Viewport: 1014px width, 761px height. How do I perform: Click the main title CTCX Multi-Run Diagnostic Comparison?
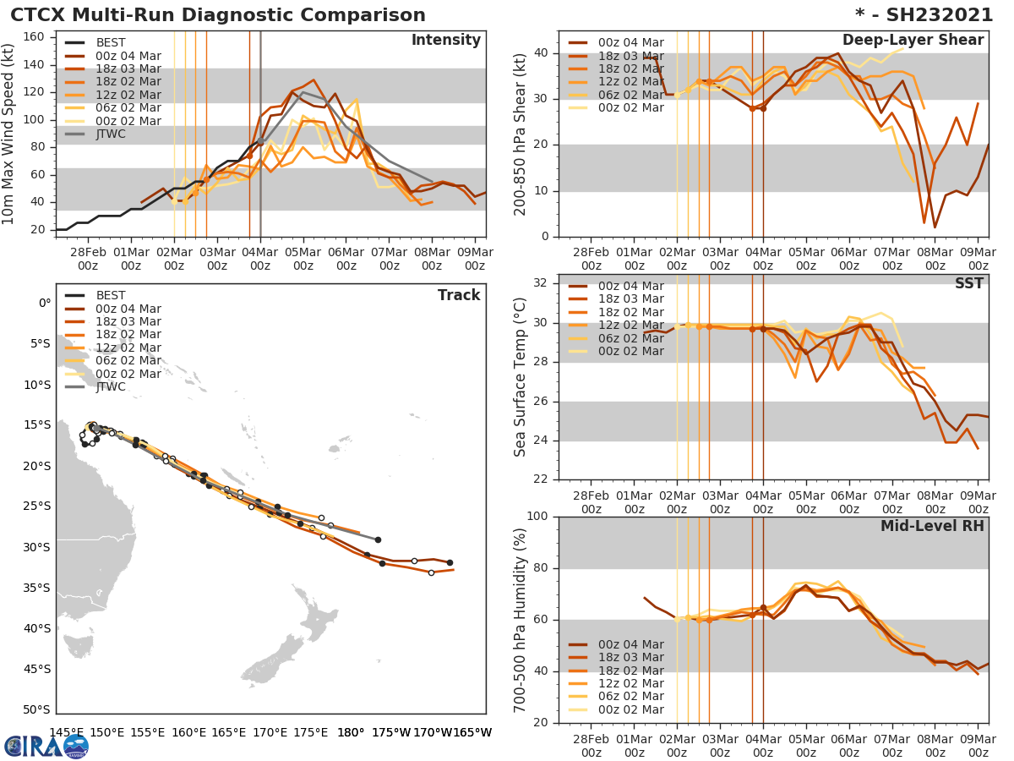(x=218, y=15)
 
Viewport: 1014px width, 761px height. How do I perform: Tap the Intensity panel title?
(x=445, y=41)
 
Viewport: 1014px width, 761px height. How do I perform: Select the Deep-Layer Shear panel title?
(x=913, y=41)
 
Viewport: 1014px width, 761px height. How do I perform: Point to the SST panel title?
(x=968, y=283)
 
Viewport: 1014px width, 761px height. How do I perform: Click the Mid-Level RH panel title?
(x=932, y=526)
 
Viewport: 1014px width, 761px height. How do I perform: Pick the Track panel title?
(x=458, y=295)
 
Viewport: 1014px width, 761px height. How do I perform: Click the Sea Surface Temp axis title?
(x=521, y=377)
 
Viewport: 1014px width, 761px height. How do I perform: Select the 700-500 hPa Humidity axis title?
(x=521, y=620)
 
